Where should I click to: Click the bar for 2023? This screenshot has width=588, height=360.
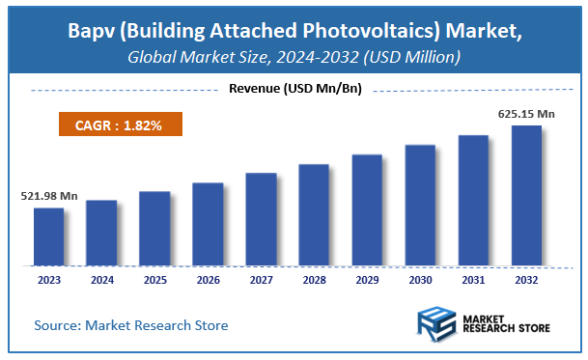point(48,236)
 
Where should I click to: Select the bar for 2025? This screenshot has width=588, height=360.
point(154,228)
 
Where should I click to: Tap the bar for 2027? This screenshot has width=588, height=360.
point(261,219)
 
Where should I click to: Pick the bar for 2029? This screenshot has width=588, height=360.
point(367,209)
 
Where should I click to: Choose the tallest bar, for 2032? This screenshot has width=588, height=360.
point(526,195)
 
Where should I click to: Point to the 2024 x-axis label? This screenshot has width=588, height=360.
point(101,279)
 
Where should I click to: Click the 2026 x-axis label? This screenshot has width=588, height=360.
point(208,279)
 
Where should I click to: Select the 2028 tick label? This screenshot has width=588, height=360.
point(314,279)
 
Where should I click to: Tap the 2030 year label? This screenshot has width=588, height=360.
point(420,279)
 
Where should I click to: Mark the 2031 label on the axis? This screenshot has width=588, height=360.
point(473,279)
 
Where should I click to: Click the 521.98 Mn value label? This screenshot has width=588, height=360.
point(49,196)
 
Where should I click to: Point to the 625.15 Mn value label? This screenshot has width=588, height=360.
point(525,114)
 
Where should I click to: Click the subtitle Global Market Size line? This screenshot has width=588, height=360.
point(294,58)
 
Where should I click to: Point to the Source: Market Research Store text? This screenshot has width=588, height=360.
point(131,325)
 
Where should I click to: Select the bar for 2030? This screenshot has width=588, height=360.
point(420,205)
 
